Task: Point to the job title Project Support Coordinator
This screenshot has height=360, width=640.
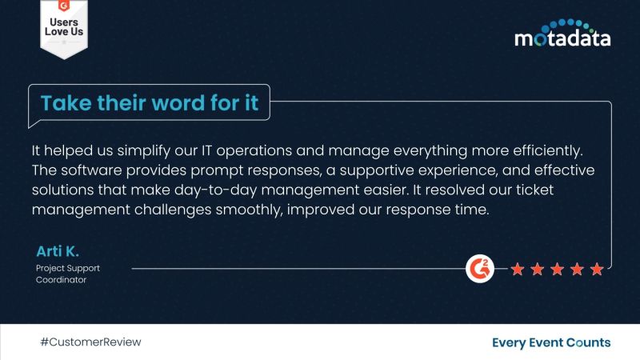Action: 68,274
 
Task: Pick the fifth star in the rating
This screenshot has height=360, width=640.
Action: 597,270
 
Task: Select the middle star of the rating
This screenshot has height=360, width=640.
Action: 557,270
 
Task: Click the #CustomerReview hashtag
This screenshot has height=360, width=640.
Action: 90,342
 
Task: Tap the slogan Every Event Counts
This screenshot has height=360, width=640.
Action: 551,342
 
